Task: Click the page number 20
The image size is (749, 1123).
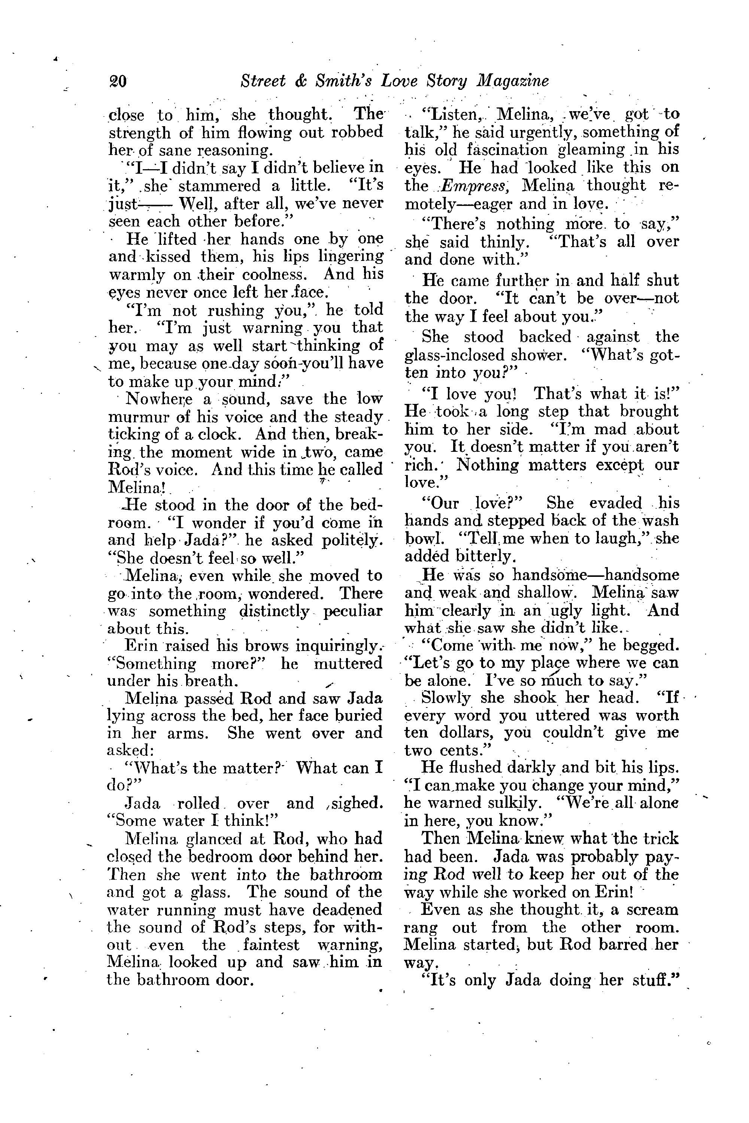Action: [118, 81]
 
